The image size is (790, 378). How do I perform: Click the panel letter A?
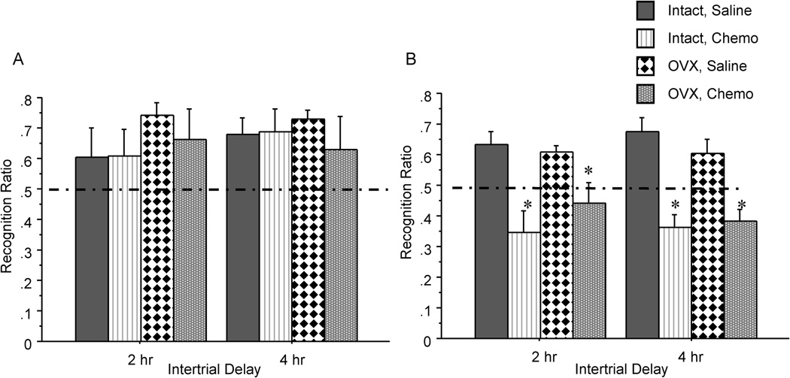coord(19,61)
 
